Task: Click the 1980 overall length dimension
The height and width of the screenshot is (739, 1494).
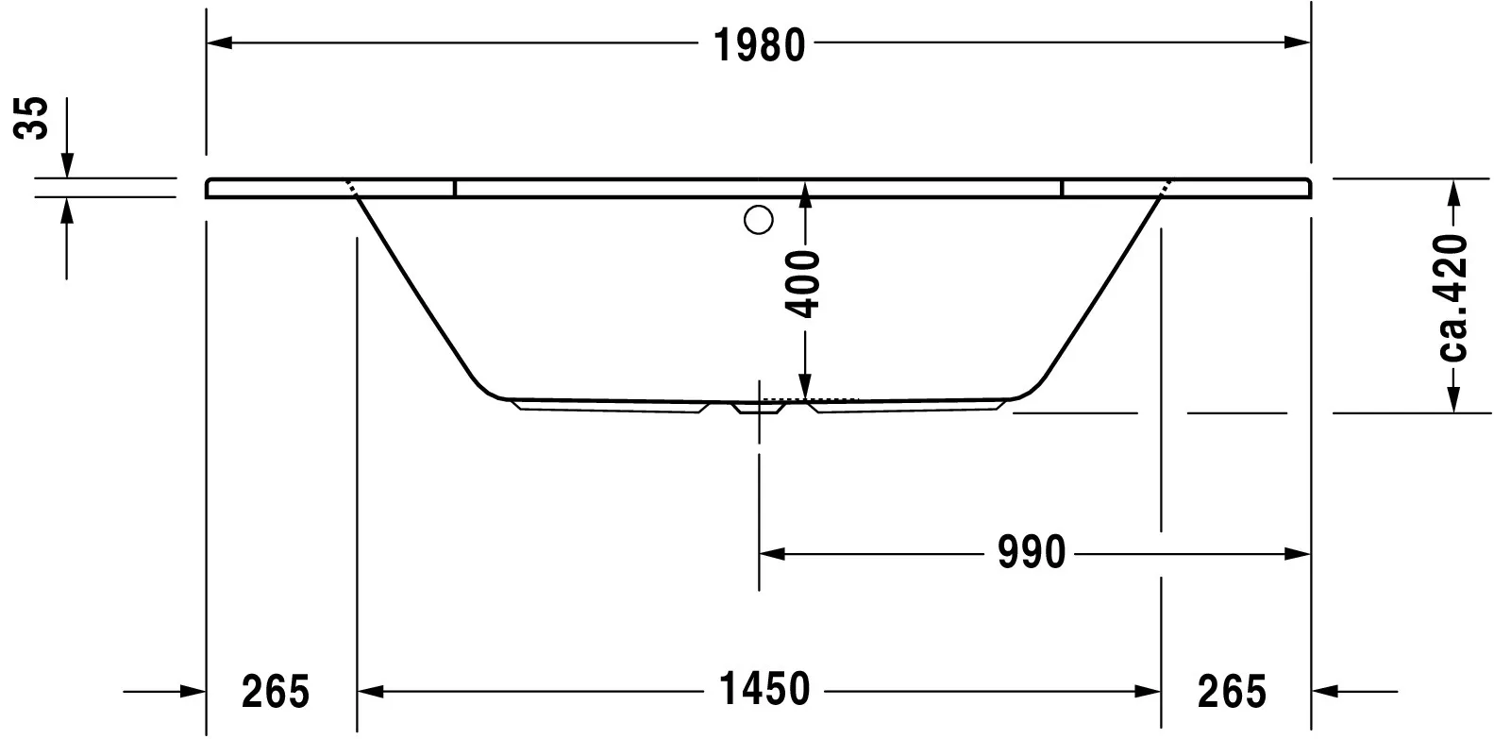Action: point(760,44)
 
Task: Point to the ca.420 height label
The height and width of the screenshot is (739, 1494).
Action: point(1454,298)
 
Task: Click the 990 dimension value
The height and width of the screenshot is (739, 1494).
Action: point(1032,553)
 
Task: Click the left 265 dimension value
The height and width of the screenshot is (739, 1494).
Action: point(276,692)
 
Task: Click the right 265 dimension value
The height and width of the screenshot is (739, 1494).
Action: point(1231,692)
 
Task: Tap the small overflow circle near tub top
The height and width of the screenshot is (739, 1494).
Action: point(759,220)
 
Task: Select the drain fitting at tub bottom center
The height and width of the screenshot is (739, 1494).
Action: point(760,409)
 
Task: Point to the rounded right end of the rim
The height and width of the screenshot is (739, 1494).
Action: point(1308,188)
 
